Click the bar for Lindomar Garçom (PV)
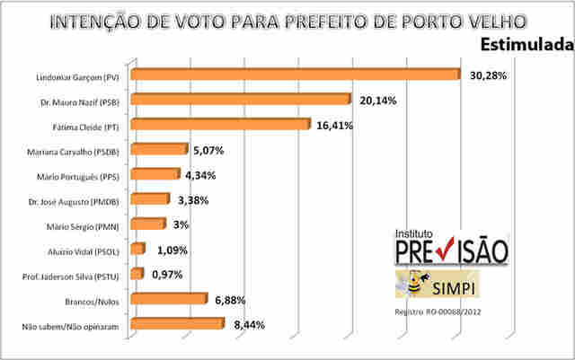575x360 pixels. pos(295,75)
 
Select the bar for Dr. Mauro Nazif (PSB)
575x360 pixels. pos(243,100)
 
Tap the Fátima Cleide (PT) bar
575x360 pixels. pos(220,125)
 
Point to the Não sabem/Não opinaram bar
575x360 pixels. pos(176,323)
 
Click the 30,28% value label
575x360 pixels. pos(488,76)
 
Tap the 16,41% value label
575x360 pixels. pos(334,126)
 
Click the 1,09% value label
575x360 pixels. pos(172,250)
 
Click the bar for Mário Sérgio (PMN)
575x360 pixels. pos(147,224)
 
